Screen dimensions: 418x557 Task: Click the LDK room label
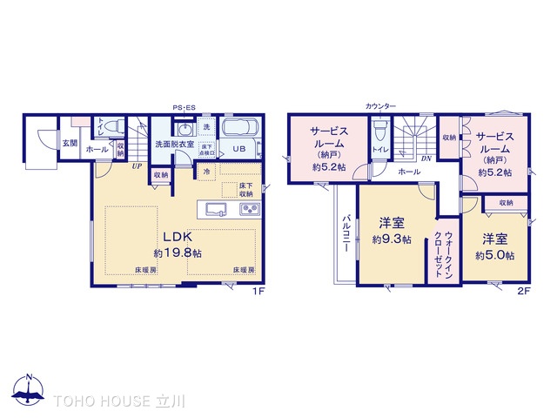[x=180, y=236]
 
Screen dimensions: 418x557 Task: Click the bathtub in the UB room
[x=239, y=128]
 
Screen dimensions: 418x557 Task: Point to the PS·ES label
[x=184, y=107]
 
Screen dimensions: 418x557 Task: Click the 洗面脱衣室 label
[x=175, y=145]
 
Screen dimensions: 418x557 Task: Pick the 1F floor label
[x=258, y=291]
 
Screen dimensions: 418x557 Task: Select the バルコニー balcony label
[x=346, y=233]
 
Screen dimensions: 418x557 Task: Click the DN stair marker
[x=426, y=158]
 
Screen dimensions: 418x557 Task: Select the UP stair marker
[x=137, y=165]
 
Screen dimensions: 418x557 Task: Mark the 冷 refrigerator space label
[x=206, y=172]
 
